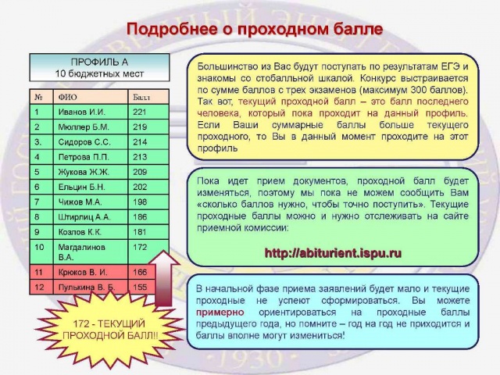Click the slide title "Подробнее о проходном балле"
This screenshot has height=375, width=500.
(255, 30)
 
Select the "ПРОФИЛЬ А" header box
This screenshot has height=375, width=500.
(99, 68)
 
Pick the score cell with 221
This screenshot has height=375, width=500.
(148, 112)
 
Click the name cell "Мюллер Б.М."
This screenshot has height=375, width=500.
(91, 127)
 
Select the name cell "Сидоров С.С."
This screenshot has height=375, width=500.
(91, 142)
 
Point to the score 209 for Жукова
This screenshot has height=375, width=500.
(148, 172)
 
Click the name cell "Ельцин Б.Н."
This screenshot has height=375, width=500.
(91, 187)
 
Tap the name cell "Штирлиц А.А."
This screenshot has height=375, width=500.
(91, 217)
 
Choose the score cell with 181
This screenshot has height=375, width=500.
(148, 232)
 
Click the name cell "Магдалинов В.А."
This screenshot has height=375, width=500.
(91, 252)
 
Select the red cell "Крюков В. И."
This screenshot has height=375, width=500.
(91, 273)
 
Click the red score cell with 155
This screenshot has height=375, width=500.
(148, 287)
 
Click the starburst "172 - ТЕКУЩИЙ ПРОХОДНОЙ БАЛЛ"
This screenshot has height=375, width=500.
(109, 330)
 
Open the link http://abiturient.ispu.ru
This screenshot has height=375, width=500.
(333, 253)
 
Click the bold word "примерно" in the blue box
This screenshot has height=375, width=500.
(220, 312)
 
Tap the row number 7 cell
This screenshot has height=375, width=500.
(41, 202)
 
